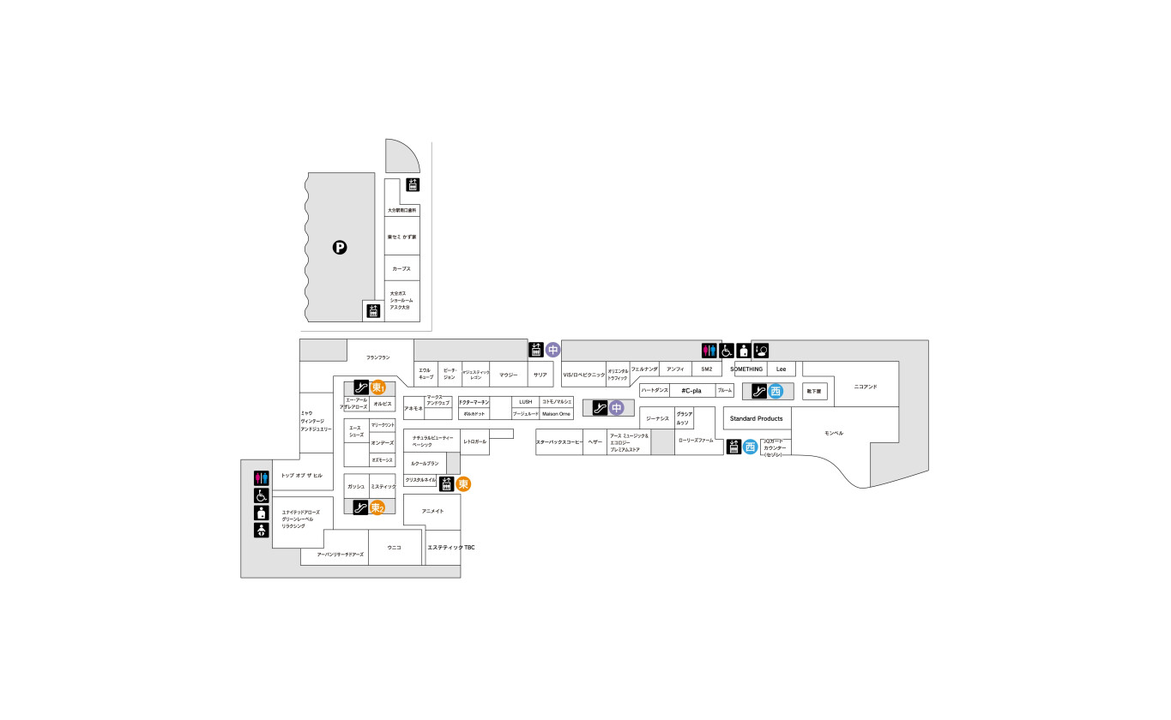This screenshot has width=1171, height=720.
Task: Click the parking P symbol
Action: click(340, 249)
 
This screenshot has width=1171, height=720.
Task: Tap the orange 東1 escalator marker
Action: click(377, 387)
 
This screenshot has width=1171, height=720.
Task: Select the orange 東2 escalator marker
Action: click(377, 507)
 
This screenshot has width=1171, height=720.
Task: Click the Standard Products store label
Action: click(756, 418)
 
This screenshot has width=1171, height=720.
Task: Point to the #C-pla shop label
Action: click(691, 390)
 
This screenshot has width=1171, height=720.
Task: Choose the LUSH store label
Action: click(526, 401)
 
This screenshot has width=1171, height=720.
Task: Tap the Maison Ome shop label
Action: click(556, 413)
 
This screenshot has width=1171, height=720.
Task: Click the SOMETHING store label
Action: click(746, 369)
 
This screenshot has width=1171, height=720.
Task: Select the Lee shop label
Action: click(781, 369)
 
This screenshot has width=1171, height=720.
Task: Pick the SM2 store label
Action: click(706, 369)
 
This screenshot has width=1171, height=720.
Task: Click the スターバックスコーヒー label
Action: click(559, 441)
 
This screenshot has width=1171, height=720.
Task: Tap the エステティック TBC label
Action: click(450, 547)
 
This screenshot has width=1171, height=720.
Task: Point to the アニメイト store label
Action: click(432, 511)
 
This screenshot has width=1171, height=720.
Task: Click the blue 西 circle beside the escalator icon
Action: click(776, 391)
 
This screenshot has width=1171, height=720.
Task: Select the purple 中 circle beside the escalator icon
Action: click(615, 407)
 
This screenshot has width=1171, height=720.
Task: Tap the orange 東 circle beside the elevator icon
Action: click(463, 483)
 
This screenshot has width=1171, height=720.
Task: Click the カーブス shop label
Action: click(401, 268)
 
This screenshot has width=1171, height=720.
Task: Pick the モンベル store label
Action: click(834, 434)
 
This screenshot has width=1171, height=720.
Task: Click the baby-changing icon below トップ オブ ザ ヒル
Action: click(262, 531)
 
